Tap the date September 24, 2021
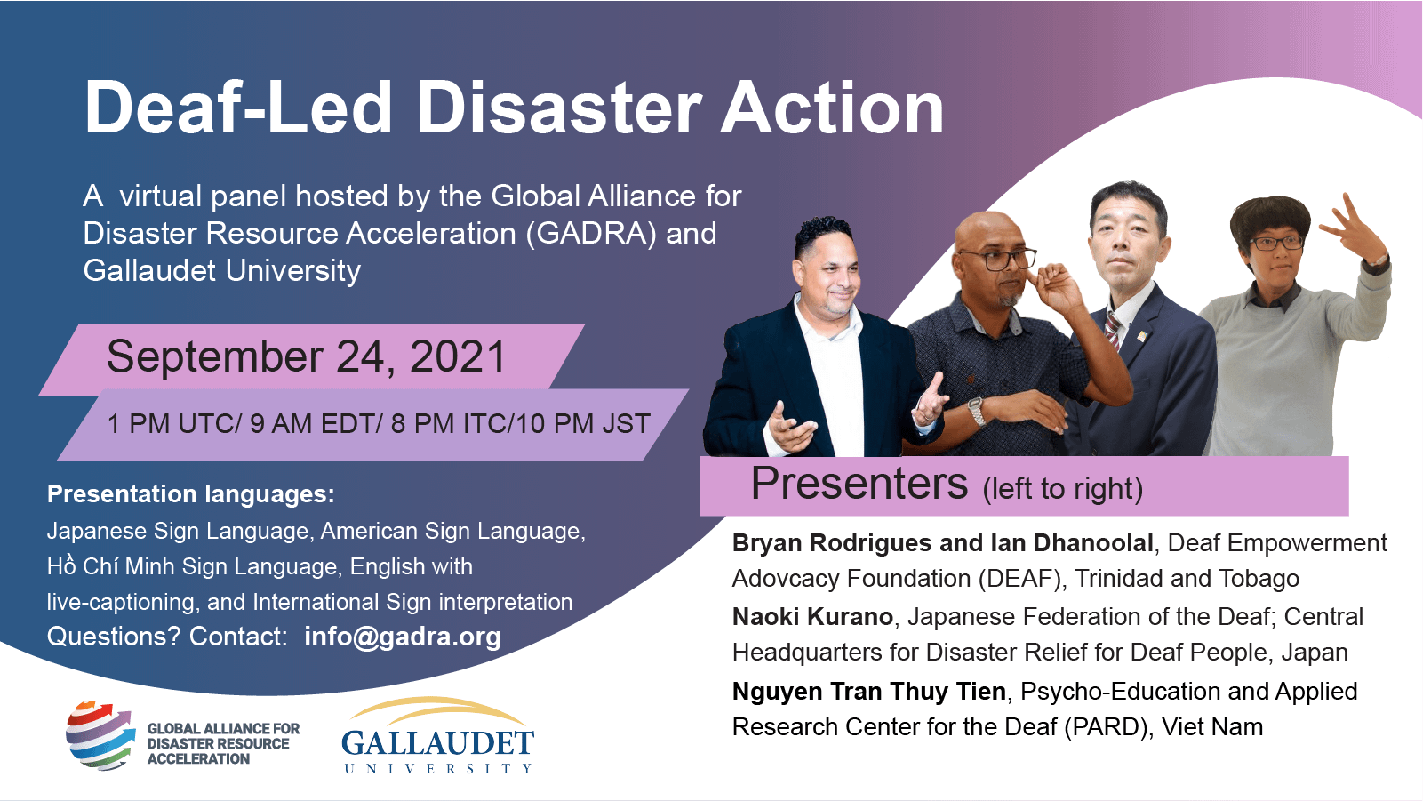point(306,357)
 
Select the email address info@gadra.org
point(402,637)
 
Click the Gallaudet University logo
point(437,737)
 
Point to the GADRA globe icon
point(99,735)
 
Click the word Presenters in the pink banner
point(859,485)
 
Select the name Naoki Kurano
point(812,617)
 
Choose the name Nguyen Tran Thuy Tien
point(868,692)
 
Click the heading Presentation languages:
point(190,494)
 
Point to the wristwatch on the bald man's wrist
point(975,411)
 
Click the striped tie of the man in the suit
point(1112,329)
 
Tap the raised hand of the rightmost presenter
point(1354,227)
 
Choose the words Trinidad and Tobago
point(1187,579)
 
